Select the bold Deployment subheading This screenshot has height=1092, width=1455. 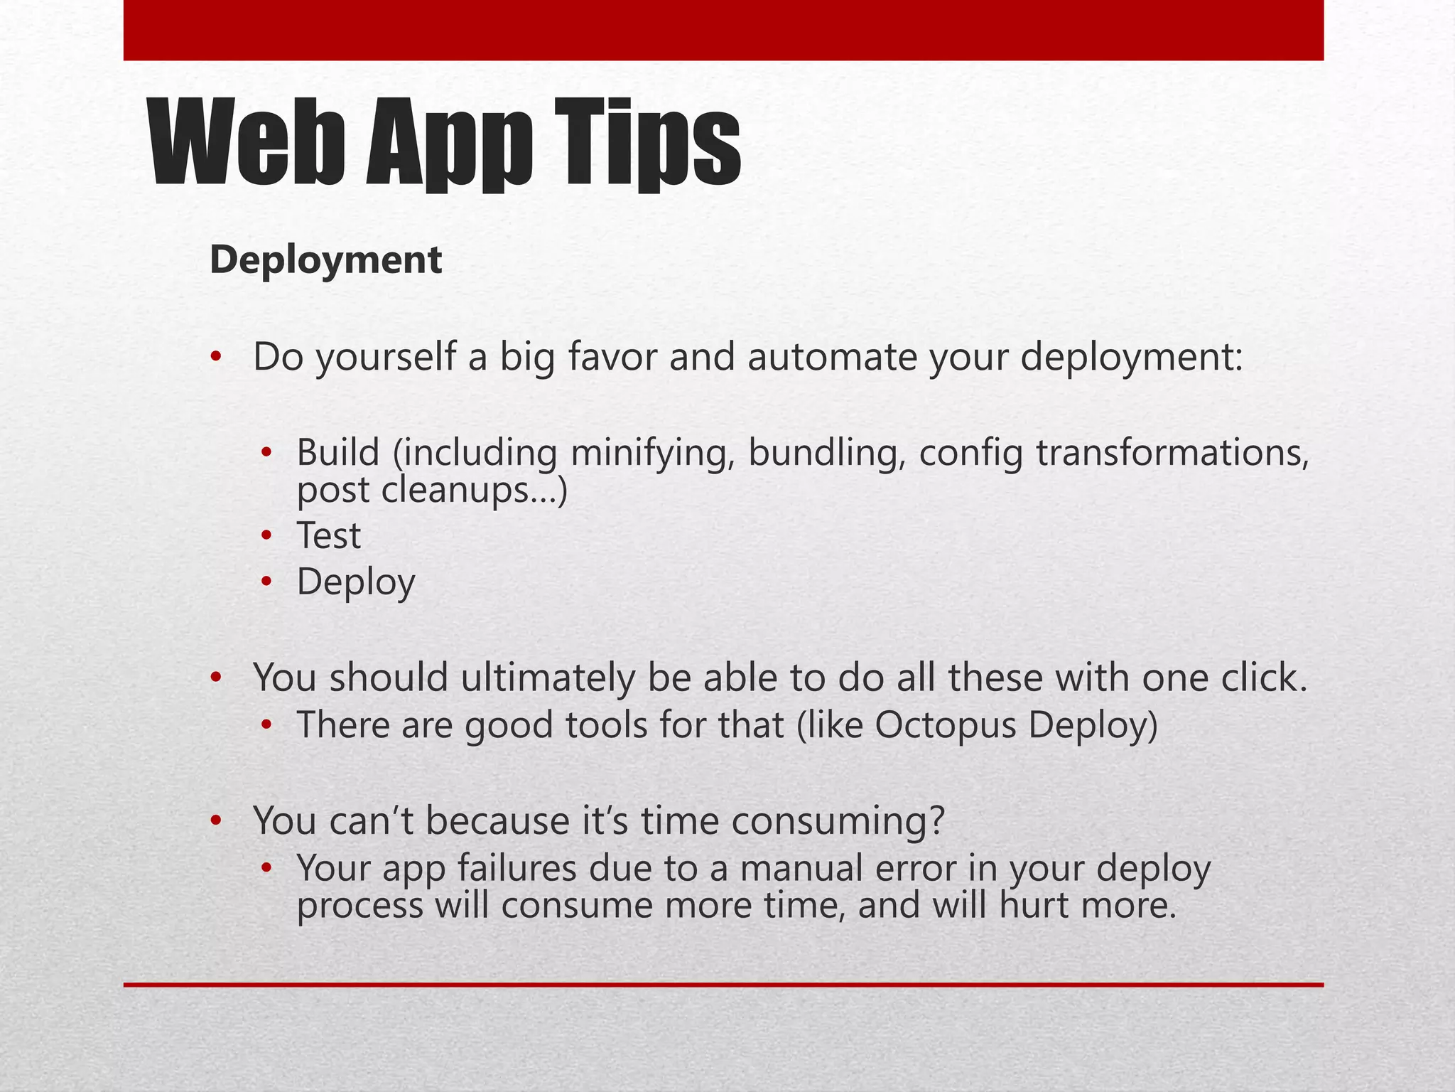pos(325,259)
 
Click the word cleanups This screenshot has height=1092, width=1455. pos(455,491)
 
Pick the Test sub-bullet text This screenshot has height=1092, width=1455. pos(328,536)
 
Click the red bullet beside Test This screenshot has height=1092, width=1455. pos(266,535)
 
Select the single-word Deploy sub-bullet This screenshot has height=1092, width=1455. pos(355,583)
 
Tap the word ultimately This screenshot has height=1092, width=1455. pos(547,678)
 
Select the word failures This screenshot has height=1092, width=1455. pos(516,869)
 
